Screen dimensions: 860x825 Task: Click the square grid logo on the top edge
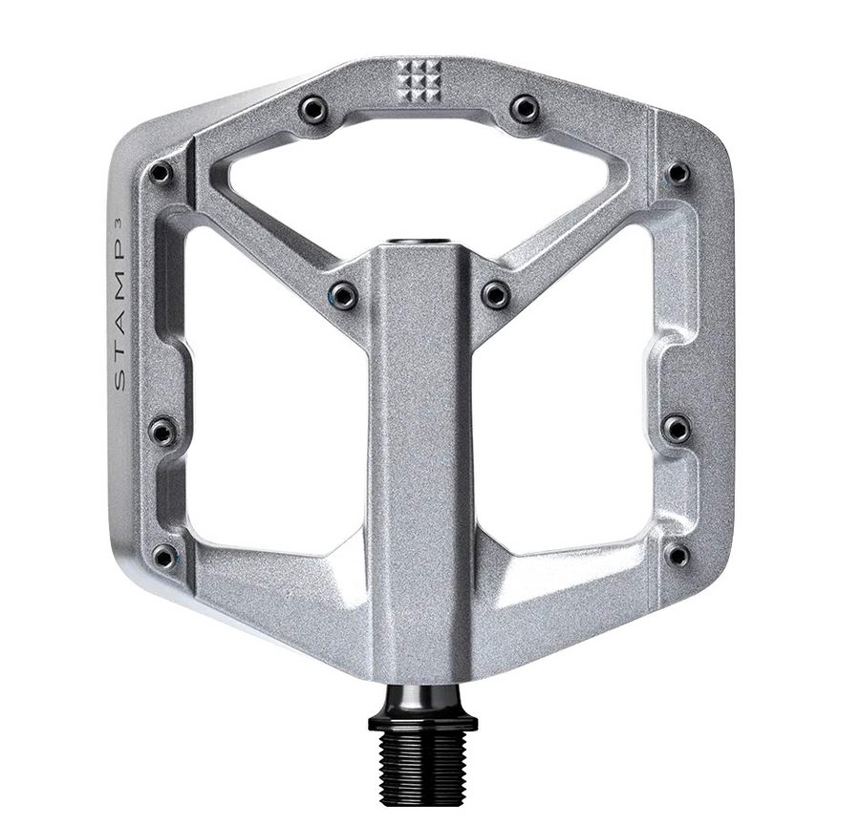point(419,81)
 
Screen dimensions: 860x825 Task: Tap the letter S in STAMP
point(120,380)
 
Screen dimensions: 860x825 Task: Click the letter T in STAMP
point(120,356)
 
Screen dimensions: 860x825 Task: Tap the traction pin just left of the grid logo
point(313,110)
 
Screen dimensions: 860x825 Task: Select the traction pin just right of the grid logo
point(525,109)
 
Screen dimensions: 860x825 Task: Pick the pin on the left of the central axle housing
point(343,295)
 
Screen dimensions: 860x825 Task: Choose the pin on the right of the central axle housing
point(496,294)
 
